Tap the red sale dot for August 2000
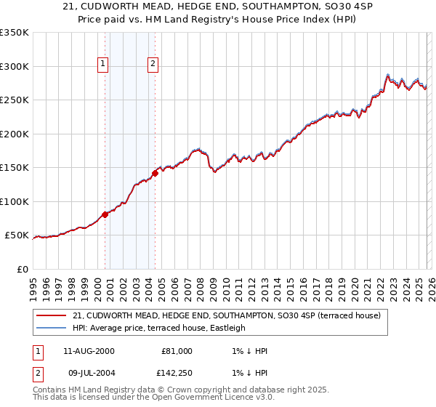(105, 214)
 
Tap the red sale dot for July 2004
(155, 173)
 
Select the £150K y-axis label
(15, 167)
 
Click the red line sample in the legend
(51, 316)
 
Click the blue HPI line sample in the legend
(51, 328)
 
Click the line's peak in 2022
(388, 74)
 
